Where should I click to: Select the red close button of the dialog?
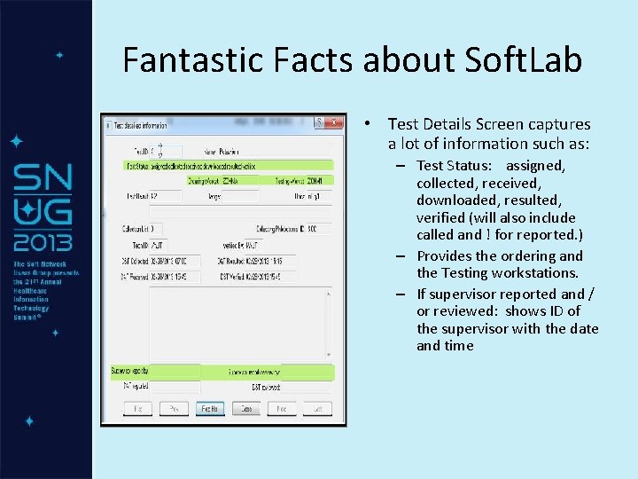(x=334, y=122)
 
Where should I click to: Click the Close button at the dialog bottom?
(x=246, y=409)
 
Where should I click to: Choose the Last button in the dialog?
(x=314, y=409)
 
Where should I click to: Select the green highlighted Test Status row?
(x=229, y=165)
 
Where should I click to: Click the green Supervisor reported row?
(x=222, y=371)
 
